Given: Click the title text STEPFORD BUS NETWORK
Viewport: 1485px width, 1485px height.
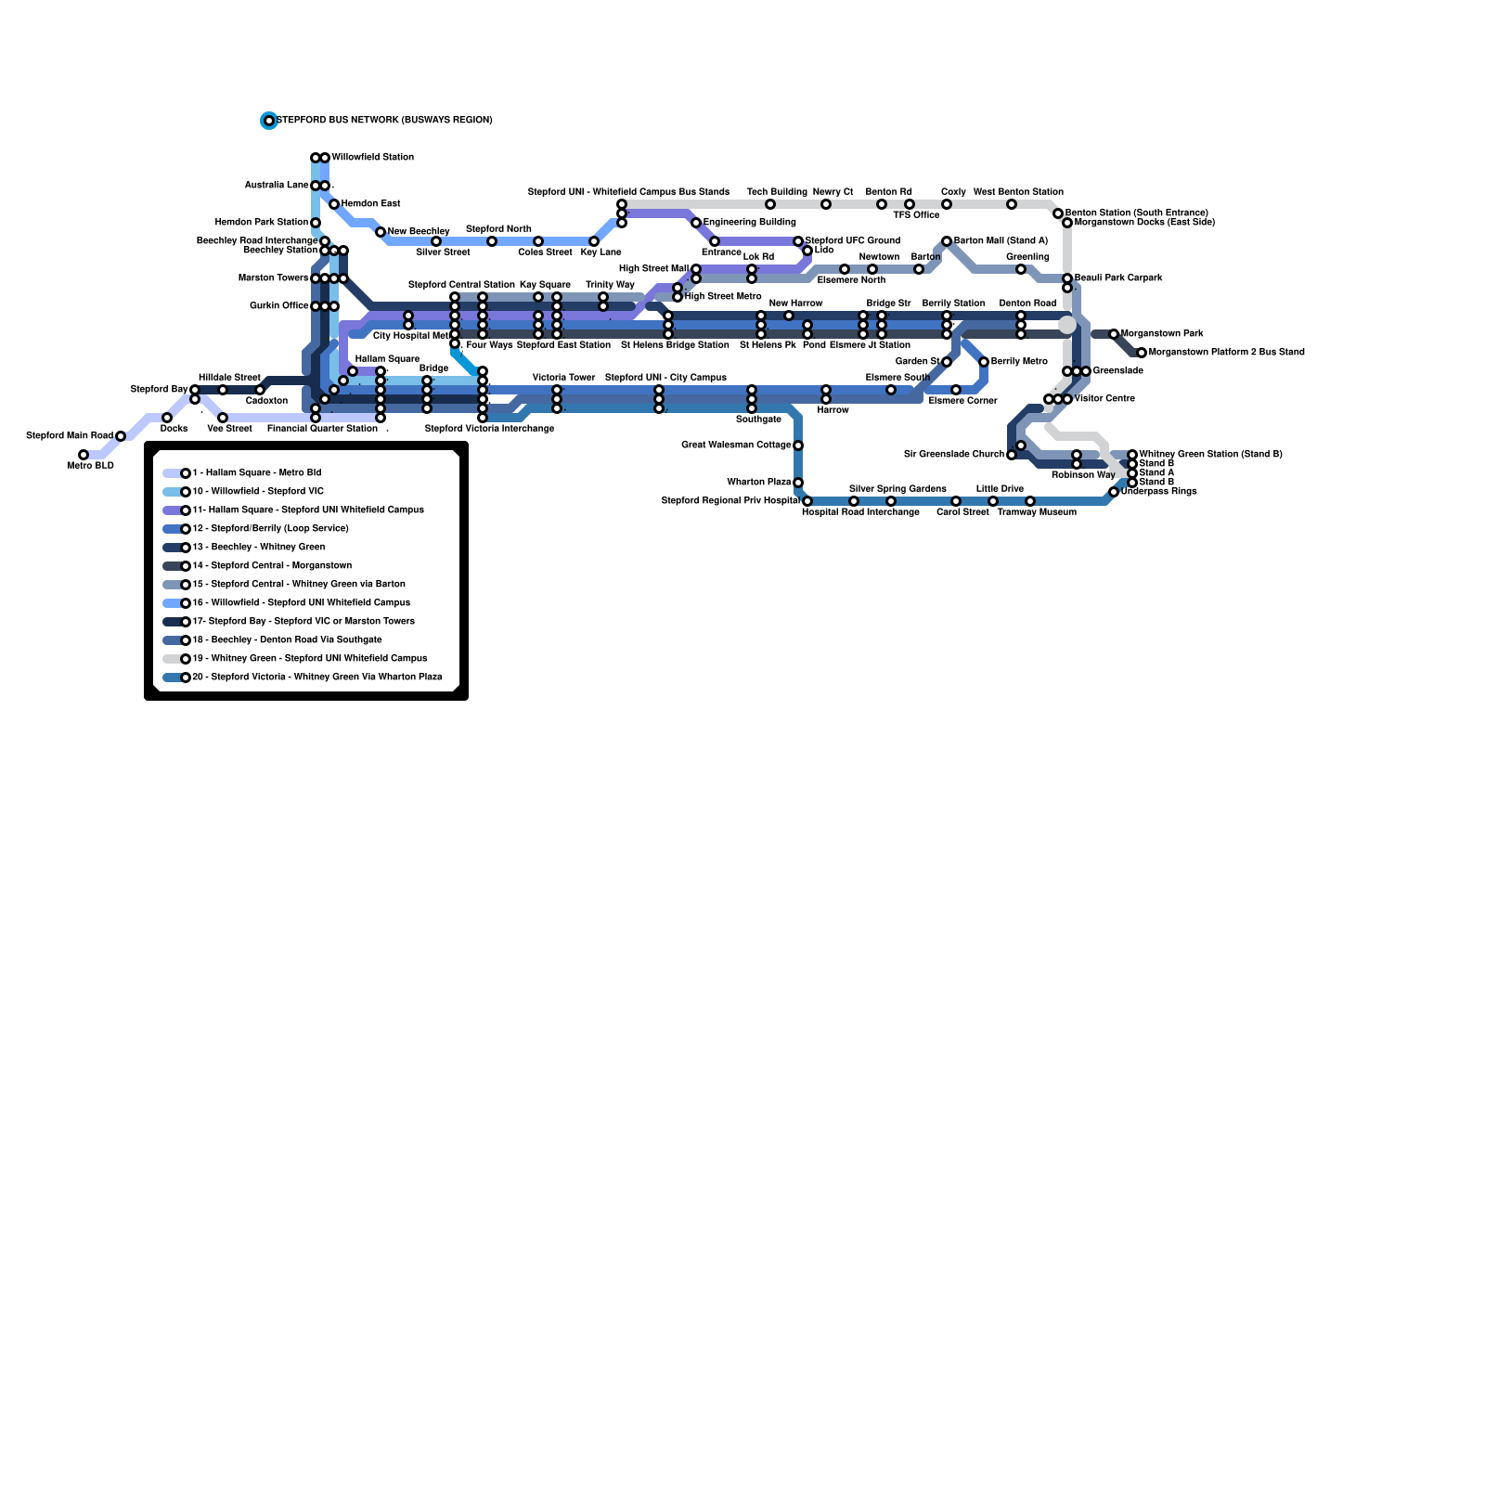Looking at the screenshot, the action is coord(384,121).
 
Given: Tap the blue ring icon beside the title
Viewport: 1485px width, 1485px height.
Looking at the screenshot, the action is coord(269,121).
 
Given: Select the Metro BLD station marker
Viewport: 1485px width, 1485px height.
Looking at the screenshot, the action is coord(84,455).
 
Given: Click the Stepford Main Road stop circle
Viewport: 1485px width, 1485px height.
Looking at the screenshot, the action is coord(121,436).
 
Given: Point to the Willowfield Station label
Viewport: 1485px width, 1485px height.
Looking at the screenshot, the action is coord(372,158).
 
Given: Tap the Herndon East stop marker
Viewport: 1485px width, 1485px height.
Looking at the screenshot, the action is coord(334,204).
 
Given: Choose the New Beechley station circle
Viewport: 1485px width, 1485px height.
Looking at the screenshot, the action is coord(381,232).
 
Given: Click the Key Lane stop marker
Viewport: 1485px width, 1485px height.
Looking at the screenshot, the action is coord(594,241).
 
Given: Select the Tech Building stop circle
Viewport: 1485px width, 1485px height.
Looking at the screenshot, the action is coord(770,204).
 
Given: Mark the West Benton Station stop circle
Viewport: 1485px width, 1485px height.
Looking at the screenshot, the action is coord(1012,204).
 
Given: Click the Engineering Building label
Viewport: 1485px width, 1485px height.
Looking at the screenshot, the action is coord(749,223).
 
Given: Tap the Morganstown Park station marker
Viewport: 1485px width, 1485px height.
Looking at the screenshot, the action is coord(1114,334).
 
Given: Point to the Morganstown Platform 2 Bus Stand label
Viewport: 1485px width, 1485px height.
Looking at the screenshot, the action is coord(1226,353).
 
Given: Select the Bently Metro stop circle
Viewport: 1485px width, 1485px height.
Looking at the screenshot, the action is coord(984,362).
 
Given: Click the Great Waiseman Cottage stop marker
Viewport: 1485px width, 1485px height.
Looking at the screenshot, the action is coord(798,445).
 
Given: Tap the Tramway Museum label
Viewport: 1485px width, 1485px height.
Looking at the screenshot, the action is coord(1037,512).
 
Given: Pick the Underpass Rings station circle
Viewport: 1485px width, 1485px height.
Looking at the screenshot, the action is coord(1114,492).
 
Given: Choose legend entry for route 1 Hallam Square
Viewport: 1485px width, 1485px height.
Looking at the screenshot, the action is coord(256,473).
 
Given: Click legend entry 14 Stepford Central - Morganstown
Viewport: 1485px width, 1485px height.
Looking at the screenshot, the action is coord(271,566).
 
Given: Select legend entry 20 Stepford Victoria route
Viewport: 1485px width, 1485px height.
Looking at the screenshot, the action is coord(316,678).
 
